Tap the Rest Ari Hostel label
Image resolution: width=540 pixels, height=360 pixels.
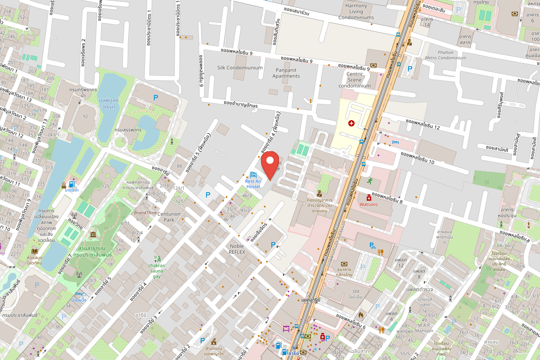coord(253,184)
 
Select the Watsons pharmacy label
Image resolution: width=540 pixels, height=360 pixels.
coord(369,204)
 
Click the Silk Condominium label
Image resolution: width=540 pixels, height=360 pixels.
coord(240,67)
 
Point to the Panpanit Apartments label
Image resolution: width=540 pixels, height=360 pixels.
coord(286,73)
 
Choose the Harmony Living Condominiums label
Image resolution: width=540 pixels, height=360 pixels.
coord(356,12)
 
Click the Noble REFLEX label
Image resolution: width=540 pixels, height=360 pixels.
coord(237,249)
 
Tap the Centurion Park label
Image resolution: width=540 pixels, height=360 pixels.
coord(169,217)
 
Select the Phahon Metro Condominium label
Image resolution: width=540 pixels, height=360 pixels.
coord(445,55)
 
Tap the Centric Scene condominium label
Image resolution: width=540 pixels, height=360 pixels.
coord(355,80)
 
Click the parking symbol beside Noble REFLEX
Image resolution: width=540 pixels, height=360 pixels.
coord(273,244)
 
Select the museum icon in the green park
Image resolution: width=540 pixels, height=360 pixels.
coord(93,235)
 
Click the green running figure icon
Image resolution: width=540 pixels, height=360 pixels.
coord(369,181)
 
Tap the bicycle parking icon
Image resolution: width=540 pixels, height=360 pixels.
coord(372,245)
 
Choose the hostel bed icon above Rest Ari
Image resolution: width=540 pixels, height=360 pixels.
coord(253,175)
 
